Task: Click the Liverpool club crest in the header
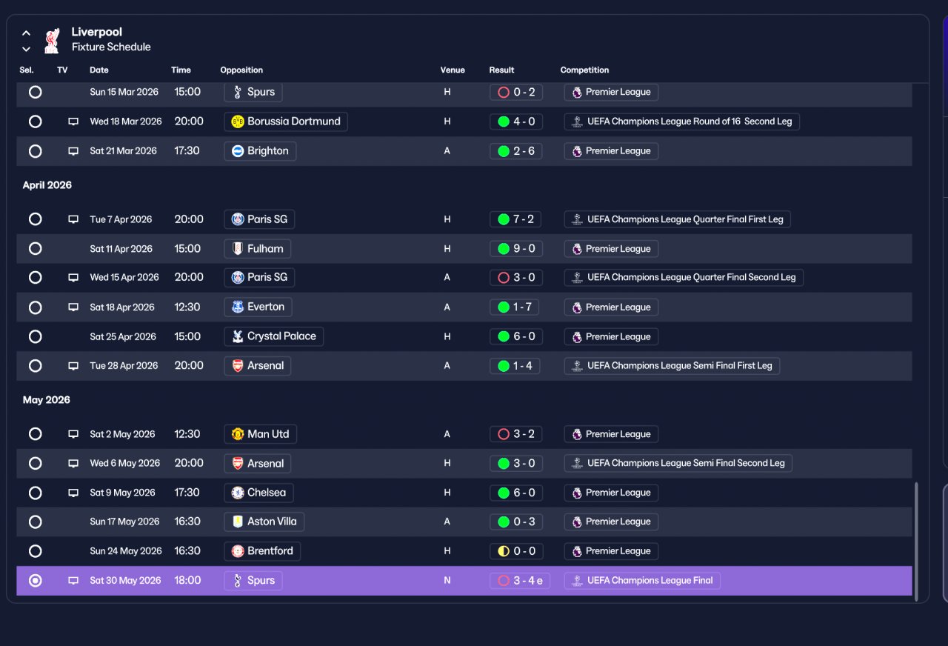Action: coord(52,41)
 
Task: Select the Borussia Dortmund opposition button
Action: coord(286,121)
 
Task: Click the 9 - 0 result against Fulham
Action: coord(516,248)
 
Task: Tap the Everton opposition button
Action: coord(258,307)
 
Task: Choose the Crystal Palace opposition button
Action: coord(273,336)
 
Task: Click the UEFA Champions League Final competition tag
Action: coord(642,580)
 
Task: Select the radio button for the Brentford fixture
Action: coord(35,550)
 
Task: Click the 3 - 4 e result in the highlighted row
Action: coord(520,580)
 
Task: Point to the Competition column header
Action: coord(584,70)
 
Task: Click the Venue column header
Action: coord(453,70)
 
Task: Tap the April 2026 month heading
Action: coord(47,185)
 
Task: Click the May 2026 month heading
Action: coord(46,399)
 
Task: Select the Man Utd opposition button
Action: coord(260,434)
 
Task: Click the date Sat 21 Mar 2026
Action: coord(123,151)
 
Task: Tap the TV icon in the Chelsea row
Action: coord(73,493)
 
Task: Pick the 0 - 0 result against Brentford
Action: coord(516,551)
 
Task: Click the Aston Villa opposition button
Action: coord(264,522)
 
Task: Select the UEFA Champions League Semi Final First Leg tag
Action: coord(672,366)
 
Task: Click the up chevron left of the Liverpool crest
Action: coord(26,33)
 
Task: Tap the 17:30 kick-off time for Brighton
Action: coord(187,151)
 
